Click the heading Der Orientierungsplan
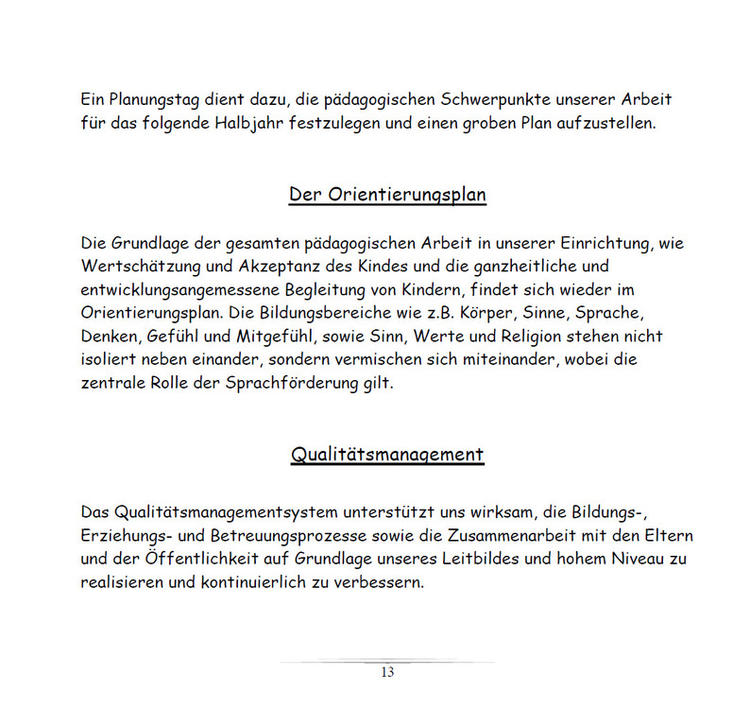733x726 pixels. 387,195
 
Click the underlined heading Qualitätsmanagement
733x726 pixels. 387,454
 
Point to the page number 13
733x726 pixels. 387,673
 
